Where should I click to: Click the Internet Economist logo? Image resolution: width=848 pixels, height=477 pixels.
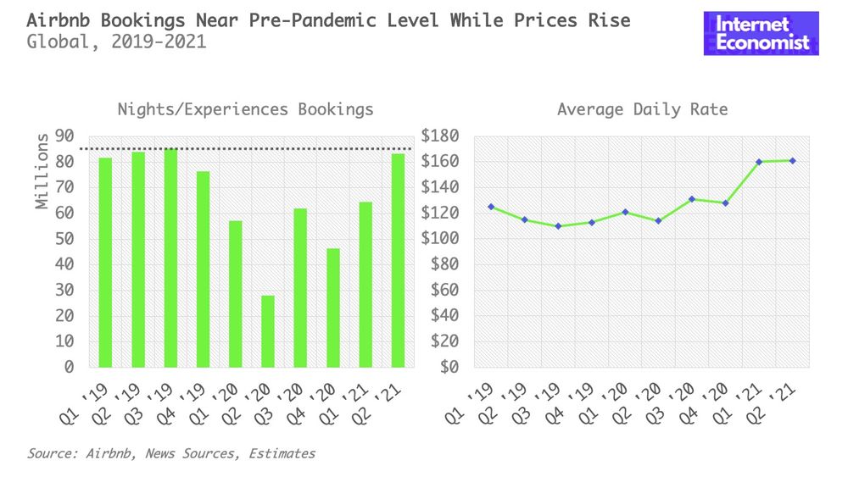(761, 34)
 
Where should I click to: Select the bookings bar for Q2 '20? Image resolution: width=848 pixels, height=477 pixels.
(268, 331)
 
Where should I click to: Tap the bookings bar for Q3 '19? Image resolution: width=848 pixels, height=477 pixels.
(170, 258)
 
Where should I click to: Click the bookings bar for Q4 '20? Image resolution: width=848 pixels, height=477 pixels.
(332, 308)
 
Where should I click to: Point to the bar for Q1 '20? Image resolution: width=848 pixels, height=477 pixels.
(236, 294)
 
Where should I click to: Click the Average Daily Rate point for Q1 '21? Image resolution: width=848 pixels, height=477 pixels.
(759, 162)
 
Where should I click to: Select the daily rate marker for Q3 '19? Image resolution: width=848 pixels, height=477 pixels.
(558, 226)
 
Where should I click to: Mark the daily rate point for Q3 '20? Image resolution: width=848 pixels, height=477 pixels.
(692, 199)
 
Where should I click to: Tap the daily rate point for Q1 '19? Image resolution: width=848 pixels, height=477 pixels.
(491, 207)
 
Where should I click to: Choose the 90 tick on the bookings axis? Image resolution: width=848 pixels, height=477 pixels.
(64, 136)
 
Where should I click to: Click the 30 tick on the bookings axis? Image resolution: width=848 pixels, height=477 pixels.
(64, 291)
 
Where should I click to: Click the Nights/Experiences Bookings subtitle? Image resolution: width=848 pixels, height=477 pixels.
(245, 109)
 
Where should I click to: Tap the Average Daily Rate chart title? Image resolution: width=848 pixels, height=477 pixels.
(642, 109)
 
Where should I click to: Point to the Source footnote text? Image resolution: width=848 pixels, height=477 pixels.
(170, 453)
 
